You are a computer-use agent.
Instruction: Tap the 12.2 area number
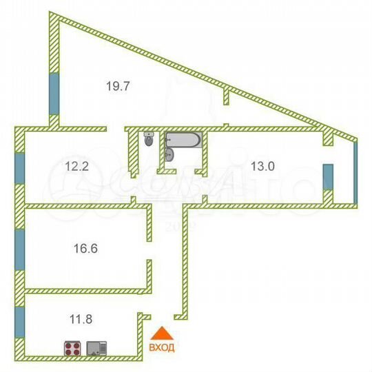[76, 165]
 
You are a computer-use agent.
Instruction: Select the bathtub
[183, 141]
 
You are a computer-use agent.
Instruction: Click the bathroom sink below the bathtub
[169, 156]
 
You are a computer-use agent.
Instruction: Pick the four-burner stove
[74, 349]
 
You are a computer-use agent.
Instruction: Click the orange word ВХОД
[162, 347]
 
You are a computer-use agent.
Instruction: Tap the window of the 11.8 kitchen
[19, 320]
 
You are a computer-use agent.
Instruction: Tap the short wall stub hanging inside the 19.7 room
[225, 96]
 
